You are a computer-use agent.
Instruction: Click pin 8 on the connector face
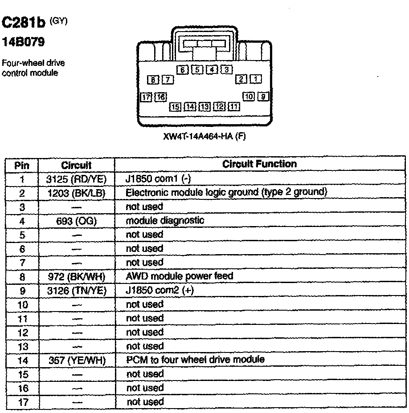tap(153, 80)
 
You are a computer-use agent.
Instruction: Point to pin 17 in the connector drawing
tap(146, 97)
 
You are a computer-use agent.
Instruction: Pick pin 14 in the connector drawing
tap(190, 106)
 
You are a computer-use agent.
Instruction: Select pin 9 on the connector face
tap(263, 96)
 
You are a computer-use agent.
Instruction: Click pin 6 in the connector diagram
tap(182, 69)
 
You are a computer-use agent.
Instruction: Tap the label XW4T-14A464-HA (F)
tap(205, 137)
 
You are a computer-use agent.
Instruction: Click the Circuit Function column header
tap(259, 164)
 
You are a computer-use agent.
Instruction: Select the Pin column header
tap(22, 165)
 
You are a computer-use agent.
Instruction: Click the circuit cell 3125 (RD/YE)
tap(77, 179)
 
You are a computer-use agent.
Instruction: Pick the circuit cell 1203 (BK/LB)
tap(77, 193)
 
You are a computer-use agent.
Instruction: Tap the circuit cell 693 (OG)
tap(77, 221)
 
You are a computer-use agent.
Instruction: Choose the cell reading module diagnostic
tap(165, 220)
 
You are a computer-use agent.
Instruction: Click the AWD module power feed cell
tap(180, 276)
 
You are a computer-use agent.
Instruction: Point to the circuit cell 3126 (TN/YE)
tap(77, 291)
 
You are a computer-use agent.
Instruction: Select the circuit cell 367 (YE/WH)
tap(77, 360)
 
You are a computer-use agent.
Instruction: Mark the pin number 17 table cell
tap(22, 402)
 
